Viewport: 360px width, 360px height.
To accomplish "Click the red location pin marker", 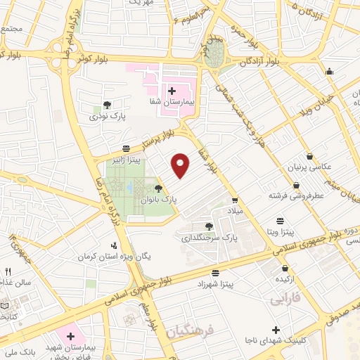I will (181, 165).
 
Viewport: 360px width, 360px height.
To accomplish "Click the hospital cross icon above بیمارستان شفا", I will (172, 91).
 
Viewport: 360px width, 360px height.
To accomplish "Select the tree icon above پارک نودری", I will (107, 105).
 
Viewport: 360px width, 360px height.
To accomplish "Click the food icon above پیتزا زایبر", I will (125, 148).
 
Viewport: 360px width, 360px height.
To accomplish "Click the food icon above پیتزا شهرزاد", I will (215, 273).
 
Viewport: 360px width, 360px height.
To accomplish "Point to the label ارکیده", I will (284, 280).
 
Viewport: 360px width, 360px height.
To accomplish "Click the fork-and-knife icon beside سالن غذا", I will (8, 271).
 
